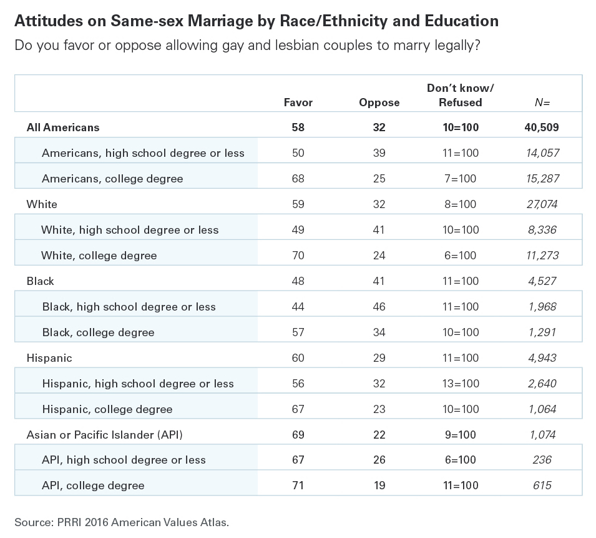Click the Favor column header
click(x=298, y=102)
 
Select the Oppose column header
click(x=379, y=102)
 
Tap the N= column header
click(x=542, y=102)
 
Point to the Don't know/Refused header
click(x=461, y=95)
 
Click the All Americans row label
click(x=62, y=127)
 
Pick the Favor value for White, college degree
click(x=298, y=256)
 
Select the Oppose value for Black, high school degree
click(x=379, y=307)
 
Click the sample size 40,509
click(x=542, y=127)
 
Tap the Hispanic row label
click(x=49, y=358)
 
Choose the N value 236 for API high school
click(x=542, y=460)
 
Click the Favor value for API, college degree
click(x=298, y=486)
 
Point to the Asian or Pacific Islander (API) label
click(x=104, y=435)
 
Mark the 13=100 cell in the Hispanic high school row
click(x=461, y=384)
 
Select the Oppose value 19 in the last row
click(x=379, y=486)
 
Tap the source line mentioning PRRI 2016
click(x=122, y=522)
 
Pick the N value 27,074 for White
click(x=542, y=204)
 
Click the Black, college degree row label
click(x=98, y=332)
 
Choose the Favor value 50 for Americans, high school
click(x=298, y=153)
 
